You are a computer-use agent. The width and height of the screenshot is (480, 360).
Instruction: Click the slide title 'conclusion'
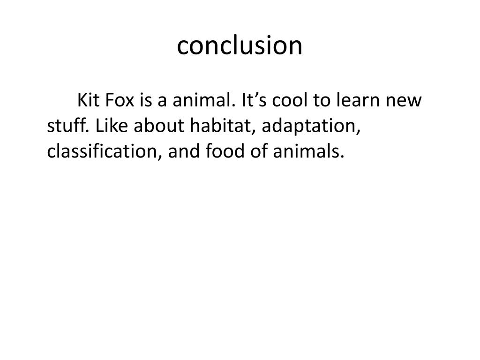pos(240,45)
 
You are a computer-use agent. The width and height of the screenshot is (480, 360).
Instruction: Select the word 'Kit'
pos(88,100)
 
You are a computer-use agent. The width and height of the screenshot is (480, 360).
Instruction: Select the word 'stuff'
pos(68,126)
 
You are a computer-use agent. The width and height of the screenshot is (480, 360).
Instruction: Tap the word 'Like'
pos(112,126)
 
